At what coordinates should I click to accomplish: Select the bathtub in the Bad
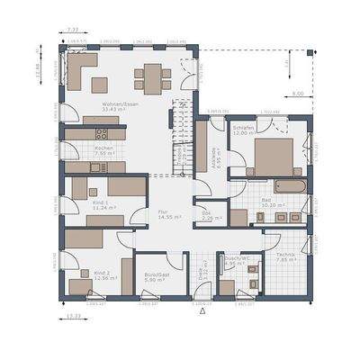coord(287,186)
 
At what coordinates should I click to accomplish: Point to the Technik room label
coord(287,256)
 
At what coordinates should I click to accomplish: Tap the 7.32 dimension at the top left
coord(74,30)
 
